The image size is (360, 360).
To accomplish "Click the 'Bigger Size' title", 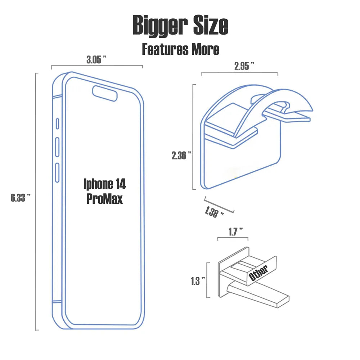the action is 180,25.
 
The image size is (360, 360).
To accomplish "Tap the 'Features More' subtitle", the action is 180,49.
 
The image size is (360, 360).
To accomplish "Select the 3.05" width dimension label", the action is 96,59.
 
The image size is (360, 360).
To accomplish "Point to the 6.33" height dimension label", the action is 21,197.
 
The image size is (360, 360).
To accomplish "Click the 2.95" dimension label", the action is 244,66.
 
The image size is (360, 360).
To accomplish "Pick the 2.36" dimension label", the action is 181,156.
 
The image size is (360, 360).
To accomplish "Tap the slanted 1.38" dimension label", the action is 214,212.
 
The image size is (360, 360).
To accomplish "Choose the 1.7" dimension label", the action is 235,231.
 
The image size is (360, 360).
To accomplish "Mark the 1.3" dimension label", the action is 198,281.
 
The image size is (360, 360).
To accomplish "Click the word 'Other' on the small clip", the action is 258,273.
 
